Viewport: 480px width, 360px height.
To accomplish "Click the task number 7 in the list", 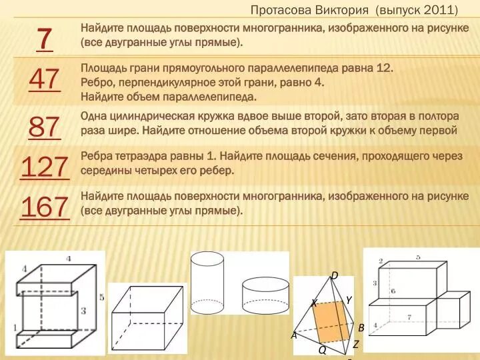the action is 44,39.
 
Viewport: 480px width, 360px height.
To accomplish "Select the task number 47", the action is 44,80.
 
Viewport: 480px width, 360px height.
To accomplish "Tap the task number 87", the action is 44,126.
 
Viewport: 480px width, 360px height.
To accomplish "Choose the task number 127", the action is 44,167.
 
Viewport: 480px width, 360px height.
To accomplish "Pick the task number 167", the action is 44,207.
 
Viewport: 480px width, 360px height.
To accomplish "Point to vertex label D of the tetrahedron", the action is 335,275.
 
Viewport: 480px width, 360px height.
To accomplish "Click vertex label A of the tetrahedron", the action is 293,335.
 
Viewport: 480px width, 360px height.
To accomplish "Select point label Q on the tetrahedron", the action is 321,349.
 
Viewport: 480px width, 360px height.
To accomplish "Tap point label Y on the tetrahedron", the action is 348,300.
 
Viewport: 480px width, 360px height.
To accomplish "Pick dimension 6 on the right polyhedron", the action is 393,291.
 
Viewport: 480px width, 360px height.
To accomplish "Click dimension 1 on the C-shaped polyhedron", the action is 13,328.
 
